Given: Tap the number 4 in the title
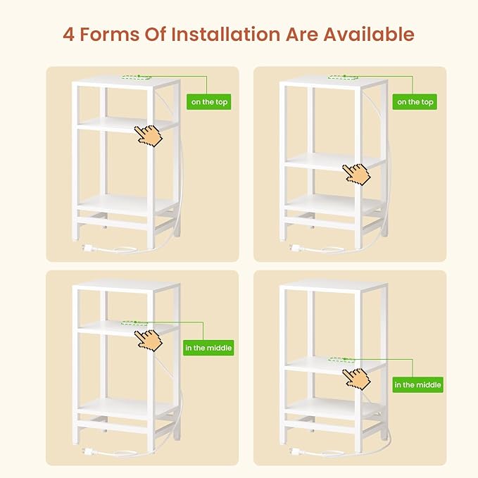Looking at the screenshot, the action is (68, 34).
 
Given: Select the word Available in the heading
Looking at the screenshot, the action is (369, 34).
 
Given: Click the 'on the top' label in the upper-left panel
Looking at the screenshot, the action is (209, 102).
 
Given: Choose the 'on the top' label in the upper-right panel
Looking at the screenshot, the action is (415, 102).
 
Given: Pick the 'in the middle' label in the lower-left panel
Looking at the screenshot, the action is (208, 348).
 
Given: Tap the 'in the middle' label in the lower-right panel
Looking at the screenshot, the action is (417, 384).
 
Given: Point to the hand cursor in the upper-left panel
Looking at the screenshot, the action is (149, 136).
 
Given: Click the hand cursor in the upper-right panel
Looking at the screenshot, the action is (356, 175).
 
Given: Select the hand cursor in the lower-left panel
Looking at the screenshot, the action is (149, 341).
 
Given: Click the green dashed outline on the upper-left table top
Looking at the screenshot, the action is (137, 77).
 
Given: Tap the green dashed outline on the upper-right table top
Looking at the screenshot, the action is (343, 77).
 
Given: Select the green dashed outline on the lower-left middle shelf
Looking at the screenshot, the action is (134, 323).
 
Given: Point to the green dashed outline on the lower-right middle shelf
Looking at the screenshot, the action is (341, 360).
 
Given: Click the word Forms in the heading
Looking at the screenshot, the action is (109, 34).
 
